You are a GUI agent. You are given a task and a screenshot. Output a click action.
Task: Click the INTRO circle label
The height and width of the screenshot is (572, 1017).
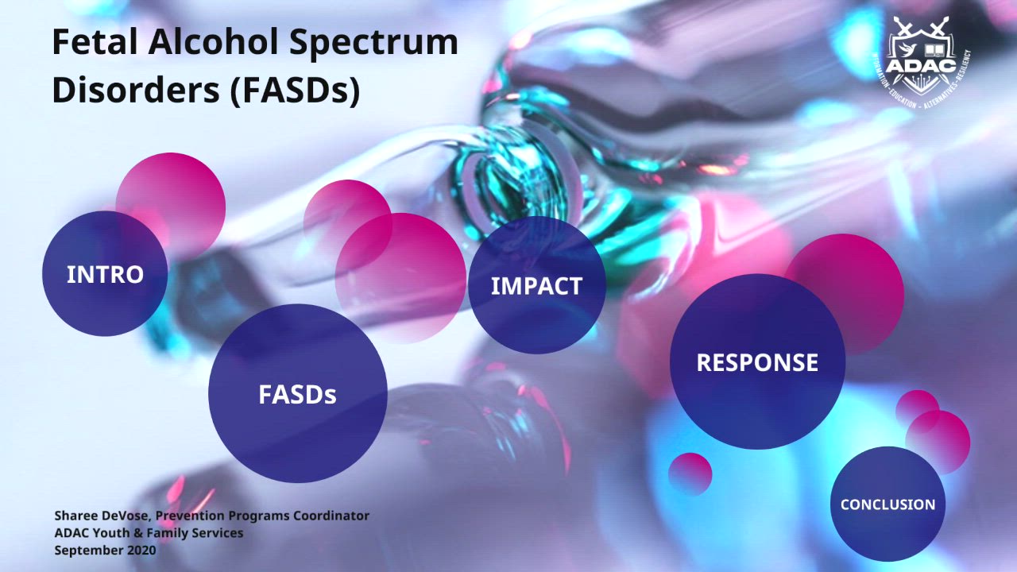tap(105, 274)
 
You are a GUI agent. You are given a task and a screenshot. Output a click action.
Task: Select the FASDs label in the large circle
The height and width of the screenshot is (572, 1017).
tap(297, 394)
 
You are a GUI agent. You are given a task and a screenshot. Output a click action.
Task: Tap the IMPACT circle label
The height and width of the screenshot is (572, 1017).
tap(536, 286)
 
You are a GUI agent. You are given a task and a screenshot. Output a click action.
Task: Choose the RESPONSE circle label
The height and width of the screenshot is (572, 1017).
tap(757, 362)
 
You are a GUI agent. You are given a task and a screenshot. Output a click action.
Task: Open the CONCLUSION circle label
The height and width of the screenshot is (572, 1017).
tap(887, 504)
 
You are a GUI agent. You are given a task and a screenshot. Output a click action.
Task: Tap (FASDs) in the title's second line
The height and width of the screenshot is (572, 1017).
tap(295, 91)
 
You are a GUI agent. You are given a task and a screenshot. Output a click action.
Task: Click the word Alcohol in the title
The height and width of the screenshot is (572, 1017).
tap(208, 42)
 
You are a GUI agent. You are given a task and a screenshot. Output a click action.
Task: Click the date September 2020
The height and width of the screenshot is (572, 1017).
tap(105, 550)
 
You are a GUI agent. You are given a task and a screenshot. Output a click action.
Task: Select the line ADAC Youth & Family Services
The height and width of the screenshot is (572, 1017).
tap(149, 532)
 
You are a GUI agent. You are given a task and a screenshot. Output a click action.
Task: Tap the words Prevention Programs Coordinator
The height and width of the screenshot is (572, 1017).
tap(262, 516)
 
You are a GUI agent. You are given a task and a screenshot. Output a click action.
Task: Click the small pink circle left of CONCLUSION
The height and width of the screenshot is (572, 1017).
tap(690, 473)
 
